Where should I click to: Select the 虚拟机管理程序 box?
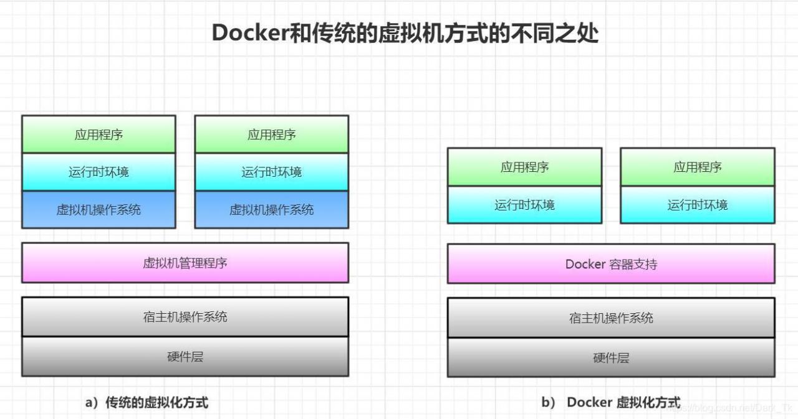click(x=185, y=263)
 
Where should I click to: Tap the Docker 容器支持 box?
click(x=611, y=264)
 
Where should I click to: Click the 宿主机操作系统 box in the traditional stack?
click(x=185, y=317)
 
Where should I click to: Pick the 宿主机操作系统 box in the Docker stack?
click(x=611, y=318)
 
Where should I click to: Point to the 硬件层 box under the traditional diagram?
click(x=185, y=357)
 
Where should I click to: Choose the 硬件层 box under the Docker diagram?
click(x=611, y=358)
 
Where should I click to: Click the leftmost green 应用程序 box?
click(x=99, y=134)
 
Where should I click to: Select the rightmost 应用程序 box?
click(x=698, y=167)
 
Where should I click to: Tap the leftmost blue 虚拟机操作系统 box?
click(x=99, y=210)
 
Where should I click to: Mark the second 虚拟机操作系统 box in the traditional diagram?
click(x=272, y=210)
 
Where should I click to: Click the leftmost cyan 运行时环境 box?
click(x=99, y=172)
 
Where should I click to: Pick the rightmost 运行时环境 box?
click(x=698, y=205)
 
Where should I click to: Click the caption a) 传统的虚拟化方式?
click(x=147, y=403)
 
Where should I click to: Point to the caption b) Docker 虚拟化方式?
click(x=610, y=403)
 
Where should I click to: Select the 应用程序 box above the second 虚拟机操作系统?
click(x=272, y=134)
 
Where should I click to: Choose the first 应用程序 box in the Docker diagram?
click(x=525, y=167)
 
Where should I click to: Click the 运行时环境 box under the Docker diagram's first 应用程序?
click(x=525, y=205)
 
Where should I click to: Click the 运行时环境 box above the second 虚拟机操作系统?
click(x=272, y=172)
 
